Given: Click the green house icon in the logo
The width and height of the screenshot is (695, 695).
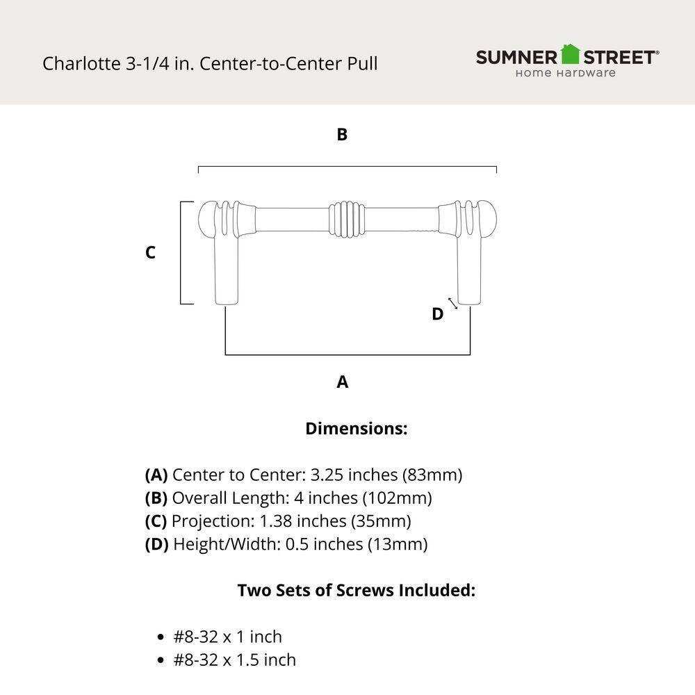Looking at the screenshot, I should tap(570, 54).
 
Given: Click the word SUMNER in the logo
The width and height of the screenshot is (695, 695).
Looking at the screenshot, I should tap(517, 57).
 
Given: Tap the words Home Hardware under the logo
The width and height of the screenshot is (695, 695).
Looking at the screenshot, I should tap(565, 73).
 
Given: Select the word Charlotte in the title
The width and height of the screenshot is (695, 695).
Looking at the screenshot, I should tap(81, 64).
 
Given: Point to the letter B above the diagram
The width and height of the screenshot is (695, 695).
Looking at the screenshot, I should tap(342, 135).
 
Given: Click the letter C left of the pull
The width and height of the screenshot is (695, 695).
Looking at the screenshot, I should tap(150, 253).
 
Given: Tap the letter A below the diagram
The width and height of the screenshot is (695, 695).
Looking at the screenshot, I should tap(342, 382).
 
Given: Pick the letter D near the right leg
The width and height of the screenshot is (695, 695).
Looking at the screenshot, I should tap(437, 314).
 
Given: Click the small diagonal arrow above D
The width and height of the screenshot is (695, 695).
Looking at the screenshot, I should tap(452, 303).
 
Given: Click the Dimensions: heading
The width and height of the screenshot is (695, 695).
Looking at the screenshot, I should tap(356, 429).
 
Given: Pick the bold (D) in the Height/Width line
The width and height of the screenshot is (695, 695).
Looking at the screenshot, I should tap(156, 543).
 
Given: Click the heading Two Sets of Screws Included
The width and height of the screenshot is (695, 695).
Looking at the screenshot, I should tap(356, 590).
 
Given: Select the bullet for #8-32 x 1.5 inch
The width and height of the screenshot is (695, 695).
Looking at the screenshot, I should tap(161, 660).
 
